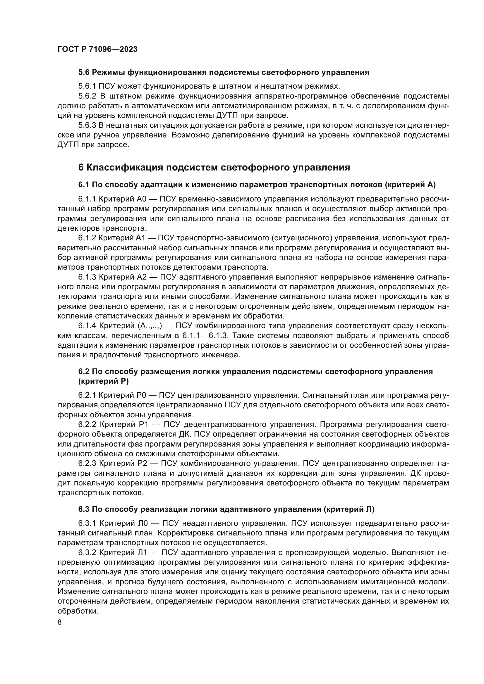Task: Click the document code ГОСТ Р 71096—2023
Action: [97, 49]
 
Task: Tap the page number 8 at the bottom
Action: [60, 622]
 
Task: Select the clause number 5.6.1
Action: [87, 86]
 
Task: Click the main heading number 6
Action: [81, 168]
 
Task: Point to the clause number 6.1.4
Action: [87, 325]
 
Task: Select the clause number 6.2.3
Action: [87, 463]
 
